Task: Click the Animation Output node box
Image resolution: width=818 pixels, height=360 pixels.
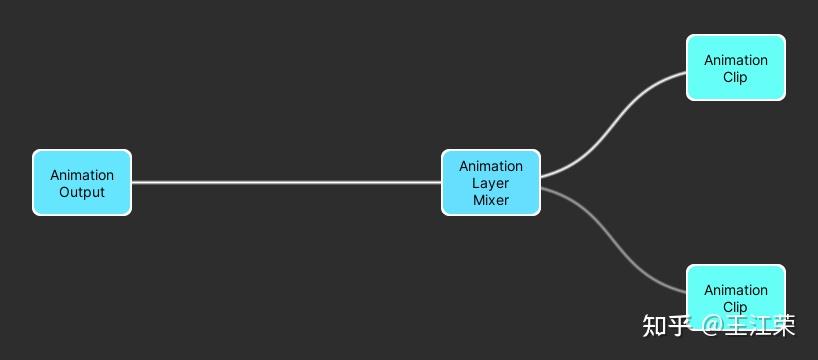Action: tap(82, 182)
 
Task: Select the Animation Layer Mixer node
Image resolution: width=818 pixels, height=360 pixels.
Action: tap(491, 182)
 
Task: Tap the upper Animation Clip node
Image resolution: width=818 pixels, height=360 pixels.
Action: tap(736, 68)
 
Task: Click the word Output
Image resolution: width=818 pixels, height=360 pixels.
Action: tap(82, 192)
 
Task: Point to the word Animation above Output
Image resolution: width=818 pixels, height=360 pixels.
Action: tap(82, 175)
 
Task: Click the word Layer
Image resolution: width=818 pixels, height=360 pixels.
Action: tap(491, 183)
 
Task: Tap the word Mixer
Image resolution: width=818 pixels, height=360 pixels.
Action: tap(491, 200)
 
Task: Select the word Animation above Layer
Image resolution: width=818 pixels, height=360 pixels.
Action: tap(491, 166)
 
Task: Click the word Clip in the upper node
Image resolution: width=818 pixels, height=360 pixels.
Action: tap(736, 77)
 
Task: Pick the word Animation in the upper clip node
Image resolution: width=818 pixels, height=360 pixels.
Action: tap(736, 60)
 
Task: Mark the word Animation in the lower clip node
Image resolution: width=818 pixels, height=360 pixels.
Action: tap(736, 290)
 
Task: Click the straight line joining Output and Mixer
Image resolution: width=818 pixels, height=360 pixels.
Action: tap(286, 182)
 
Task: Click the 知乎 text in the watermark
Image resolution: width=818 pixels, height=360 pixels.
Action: tap(667, 326)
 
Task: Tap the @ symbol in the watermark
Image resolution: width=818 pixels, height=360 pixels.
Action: tap(711, 326)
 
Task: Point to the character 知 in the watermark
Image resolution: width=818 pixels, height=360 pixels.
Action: tap(655, 326)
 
